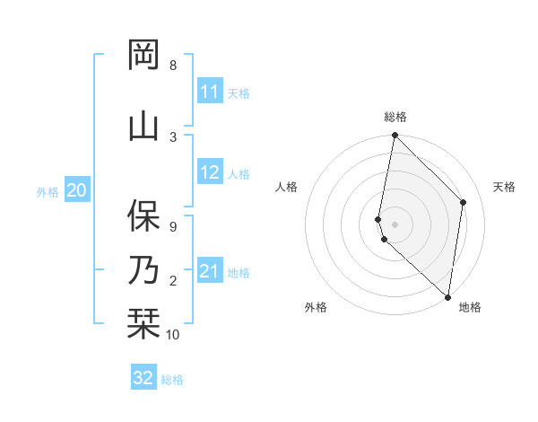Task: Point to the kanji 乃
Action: point(143,269)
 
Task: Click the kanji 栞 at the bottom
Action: point(143,323)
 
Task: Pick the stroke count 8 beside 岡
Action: point(173,66)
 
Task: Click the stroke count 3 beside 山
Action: point(173,136)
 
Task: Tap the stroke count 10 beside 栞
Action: point(173,335)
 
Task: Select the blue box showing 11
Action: point(210,92)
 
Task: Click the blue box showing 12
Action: point(210,173)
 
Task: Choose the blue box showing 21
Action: point(210,272)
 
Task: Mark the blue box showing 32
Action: point(143,378)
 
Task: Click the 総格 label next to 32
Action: point(173,380)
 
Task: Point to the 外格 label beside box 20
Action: point(48,191)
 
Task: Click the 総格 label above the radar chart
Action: point(395,117)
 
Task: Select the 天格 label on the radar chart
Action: point(504,187)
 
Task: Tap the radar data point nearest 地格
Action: point(447,296)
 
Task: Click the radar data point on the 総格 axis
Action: point(395,136)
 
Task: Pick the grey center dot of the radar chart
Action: point(395,224)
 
